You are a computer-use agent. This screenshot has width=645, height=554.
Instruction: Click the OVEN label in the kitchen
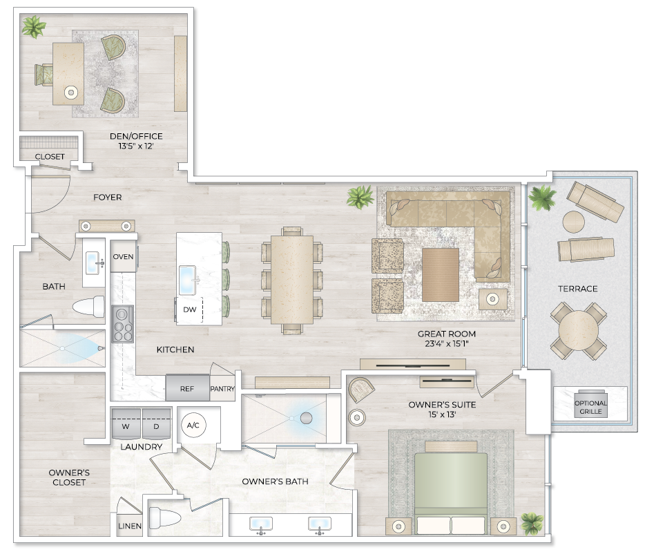(x=123, y=257)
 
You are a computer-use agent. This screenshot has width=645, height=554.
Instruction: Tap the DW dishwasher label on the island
(x=189, y=310)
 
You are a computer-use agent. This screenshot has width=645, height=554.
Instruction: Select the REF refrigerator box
(x=187, y=388)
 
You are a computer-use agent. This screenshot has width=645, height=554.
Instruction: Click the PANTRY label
(x=222, y=389)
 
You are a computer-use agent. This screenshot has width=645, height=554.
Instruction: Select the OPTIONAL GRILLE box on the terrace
(x=590, y=407)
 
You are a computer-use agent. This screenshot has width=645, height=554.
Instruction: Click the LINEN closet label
(x=130, y=526)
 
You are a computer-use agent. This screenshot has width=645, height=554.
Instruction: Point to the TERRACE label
(x=578, y=289)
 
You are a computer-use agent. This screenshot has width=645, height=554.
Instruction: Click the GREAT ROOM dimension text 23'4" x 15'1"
(x=447, y=344)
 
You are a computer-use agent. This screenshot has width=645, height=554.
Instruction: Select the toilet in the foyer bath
(x=90, y=307)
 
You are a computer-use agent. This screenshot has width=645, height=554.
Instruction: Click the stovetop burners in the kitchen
(x=122, y=324)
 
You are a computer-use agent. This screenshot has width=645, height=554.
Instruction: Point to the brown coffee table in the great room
(x=440, y=275)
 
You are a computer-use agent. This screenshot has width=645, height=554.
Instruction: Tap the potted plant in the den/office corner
(x=33, y=28)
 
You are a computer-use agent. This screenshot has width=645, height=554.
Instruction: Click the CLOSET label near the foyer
(x=50, y=157)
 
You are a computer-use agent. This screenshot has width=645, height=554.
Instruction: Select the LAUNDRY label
(x=141, y=447)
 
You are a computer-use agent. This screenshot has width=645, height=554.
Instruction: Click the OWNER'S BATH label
(x=275, y=481)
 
